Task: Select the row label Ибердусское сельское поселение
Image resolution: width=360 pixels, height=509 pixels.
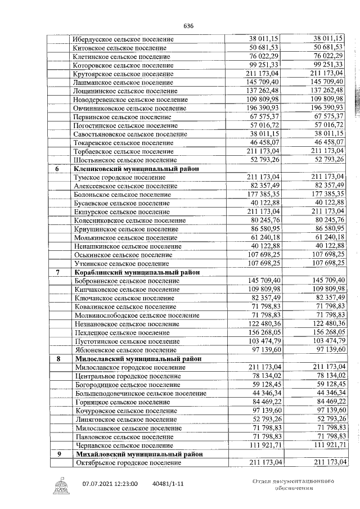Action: [123, 39]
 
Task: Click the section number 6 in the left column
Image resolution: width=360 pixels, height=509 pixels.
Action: [57, 169]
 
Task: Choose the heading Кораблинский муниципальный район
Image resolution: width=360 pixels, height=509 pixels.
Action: [136, 272]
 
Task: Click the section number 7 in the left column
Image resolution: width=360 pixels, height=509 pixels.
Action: [57, 272]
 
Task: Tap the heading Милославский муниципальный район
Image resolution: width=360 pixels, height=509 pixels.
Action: [136, 358]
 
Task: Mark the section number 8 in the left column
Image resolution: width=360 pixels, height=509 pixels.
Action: [57, 358]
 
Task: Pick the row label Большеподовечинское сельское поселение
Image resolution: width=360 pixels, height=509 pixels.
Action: [140, 393]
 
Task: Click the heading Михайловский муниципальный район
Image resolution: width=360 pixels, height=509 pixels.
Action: [137, 453]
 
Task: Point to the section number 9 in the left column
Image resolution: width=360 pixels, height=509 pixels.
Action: [57, 453]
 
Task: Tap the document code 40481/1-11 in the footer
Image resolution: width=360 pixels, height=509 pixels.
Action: [168, 483]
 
